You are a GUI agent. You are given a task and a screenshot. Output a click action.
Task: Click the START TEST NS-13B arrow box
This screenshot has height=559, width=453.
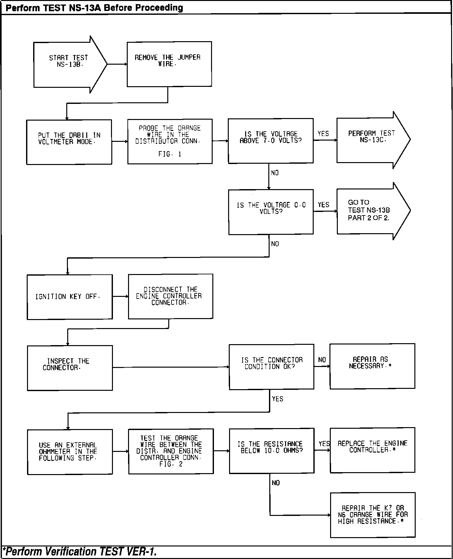tap(68, 64)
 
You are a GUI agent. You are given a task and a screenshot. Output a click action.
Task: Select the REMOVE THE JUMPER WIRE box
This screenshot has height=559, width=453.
tap(169, 64)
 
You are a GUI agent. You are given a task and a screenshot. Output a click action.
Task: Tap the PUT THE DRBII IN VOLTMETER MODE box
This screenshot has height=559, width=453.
tap(69, 142)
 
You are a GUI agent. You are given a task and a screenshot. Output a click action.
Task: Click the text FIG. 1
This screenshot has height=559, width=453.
tap(170, 154)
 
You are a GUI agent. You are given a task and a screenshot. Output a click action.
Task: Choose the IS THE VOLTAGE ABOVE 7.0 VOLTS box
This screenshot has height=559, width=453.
tap(271, 141)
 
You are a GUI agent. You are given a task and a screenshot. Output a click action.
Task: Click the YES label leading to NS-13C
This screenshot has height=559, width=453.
tap(323, 133)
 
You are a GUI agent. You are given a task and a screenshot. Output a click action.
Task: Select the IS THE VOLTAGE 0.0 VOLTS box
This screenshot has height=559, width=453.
tap(271, 212)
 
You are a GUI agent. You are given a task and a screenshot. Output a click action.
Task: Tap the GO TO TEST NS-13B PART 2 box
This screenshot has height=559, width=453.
tap(370, 210)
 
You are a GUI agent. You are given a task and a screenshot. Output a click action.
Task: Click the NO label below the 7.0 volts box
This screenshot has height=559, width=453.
tap(275, 173)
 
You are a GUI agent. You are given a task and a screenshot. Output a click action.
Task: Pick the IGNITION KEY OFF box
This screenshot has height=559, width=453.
tap(70, 297)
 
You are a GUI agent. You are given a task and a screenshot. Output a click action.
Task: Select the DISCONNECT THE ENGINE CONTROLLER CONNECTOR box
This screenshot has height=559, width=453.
tap(171, 296)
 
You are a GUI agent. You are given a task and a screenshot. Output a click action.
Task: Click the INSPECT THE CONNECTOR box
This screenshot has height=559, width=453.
tap(70, 368)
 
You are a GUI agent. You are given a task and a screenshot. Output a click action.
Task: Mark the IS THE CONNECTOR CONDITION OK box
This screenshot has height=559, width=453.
tap(272, 367)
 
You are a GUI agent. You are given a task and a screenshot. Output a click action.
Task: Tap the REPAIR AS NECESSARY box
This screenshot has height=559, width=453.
tap(372, 366)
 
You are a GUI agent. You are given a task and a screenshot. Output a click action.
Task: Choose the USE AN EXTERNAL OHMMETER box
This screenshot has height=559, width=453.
tap(70, 452)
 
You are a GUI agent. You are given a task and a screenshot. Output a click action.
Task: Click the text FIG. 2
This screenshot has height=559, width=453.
tap(171, 464)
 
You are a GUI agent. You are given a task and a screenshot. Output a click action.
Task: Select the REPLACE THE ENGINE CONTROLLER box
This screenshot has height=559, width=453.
tap(372, 450)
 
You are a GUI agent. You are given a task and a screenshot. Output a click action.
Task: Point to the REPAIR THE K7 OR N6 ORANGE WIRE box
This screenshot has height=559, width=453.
tap(373, 515)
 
